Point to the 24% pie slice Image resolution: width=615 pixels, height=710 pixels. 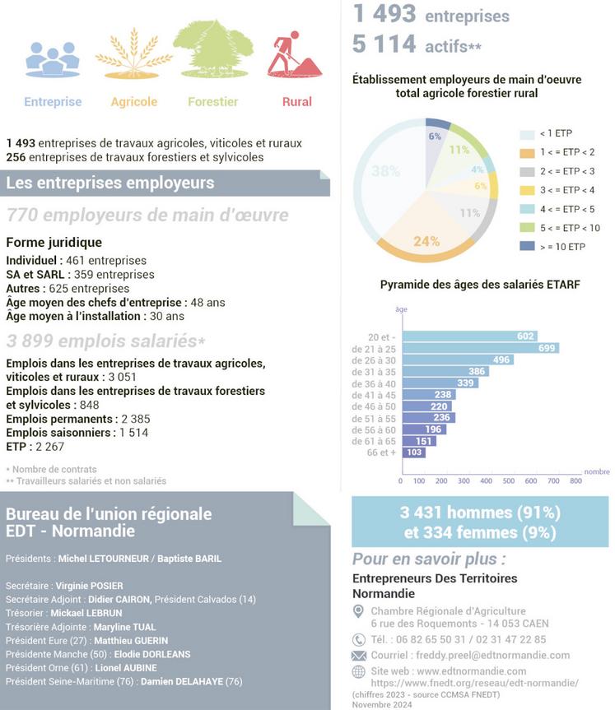pos(426,241)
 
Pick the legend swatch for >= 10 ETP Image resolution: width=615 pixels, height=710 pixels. pos(527,247)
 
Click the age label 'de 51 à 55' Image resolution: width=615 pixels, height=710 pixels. pos(373,418)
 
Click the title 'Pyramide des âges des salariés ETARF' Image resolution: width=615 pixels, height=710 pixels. pos(480,285)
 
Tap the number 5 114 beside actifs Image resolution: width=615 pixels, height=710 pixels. pos(384,44)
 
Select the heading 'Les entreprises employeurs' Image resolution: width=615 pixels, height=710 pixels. pos(109,183)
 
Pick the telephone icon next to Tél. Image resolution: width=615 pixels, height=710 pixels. pos(358,639)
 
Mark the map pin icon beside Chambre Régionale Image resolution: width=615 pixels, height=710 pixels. pos(358,611)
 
